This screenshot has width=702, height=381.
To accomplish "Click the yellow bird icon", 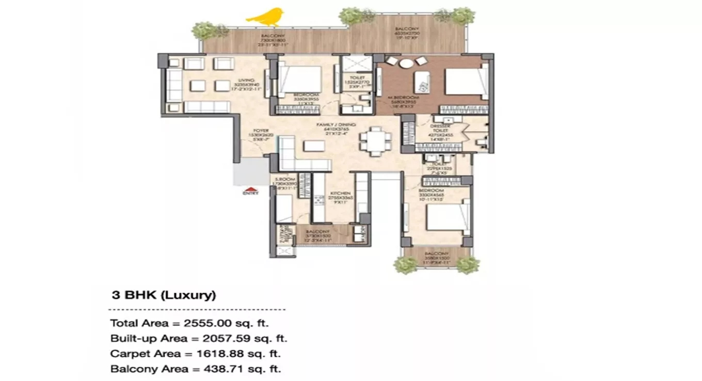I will point(265,17).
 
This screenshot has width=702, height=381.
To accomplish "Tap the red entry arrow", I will point(250,188).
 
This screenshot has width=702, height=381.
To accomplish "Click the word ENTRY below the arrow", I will point(250,194).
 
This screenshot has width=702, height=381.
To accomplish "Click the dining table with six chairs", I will point(375,141).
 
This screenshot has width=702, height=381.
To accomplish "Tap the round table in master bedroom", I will point(407,63).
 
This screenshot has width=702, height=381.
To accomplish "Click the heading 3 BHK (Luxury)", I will point(164,296).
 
